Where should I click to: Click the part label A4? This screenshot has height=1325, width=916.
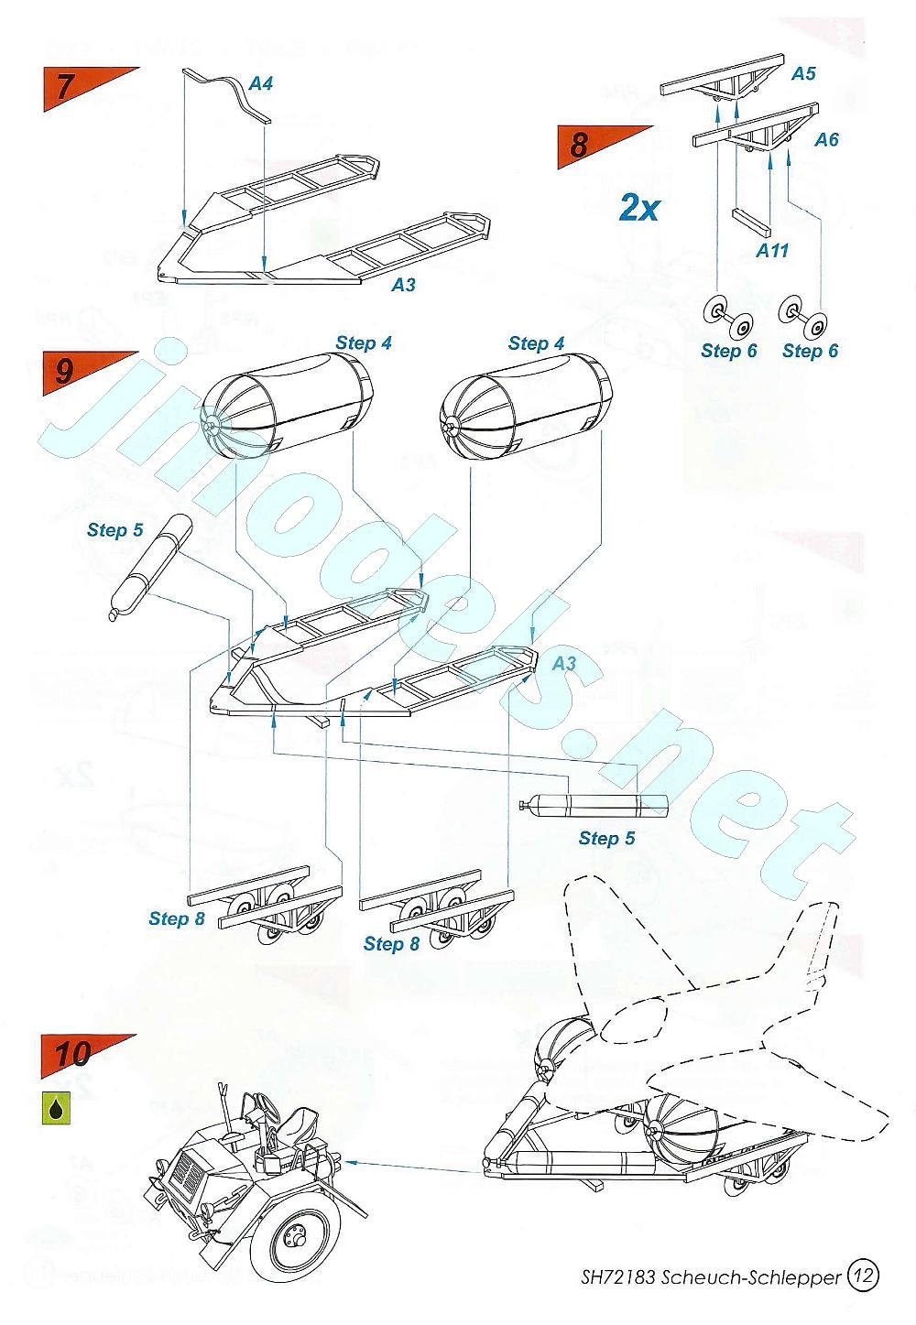point(261,83)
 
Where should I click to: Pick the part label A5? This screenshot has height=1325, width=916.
point(802,73)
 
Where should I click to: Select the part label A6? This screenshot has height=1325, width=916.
point(826,139)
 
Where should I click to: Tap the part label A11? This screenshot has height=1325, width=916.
point(771,249)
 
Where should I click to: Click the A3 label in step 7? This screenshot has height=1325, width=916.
point(403,285)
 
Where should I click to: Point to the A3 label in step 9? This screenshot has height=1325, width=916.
point(563,663)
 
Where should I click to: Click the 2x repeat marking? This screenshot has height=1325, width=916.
point(639,209)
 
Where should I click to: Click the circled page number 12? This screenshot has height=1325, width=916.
point(863,1274)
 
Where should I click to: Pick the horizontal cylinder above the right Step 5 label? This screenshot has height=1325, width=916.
point(594,805)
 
